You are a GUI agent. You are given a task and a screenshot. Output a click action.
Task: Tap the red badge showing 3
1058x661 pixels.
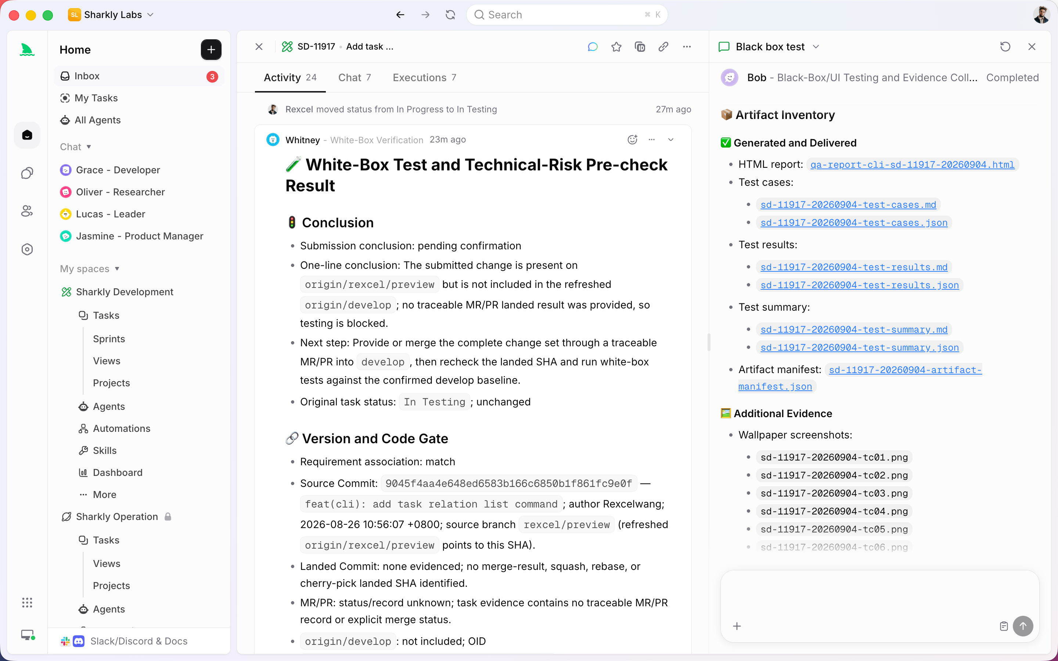tap(212, 76)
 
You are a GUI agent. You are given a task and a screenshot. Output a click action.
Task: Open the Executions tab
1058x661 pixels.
tap(424, 77)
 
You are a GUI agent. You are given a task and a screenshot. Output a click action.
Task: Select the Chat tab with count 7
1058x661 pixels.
tap(355, 77)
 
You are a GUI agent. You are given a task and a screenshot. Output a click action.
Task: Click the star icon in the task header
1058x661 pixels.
tap(616, 47)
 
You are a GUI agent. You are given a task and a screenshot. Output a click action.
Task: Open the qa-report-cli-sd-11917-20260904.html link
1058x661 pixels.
tap(912, 165)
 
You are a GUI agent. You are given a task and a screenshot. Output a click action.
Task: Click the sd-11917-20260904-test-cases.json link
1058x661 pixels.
tap(854, 223)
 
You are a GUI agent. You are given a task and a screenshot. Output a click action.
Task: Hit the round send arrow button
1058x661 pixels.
tap(1023, 626)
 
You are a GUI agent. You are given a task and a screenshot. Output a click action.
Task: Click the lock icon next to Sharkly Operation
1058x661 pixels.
tap(168, 517)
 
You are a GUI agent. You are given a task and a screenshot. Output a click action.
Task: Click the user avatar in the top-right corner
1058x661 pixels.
tap(1041, 15)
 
